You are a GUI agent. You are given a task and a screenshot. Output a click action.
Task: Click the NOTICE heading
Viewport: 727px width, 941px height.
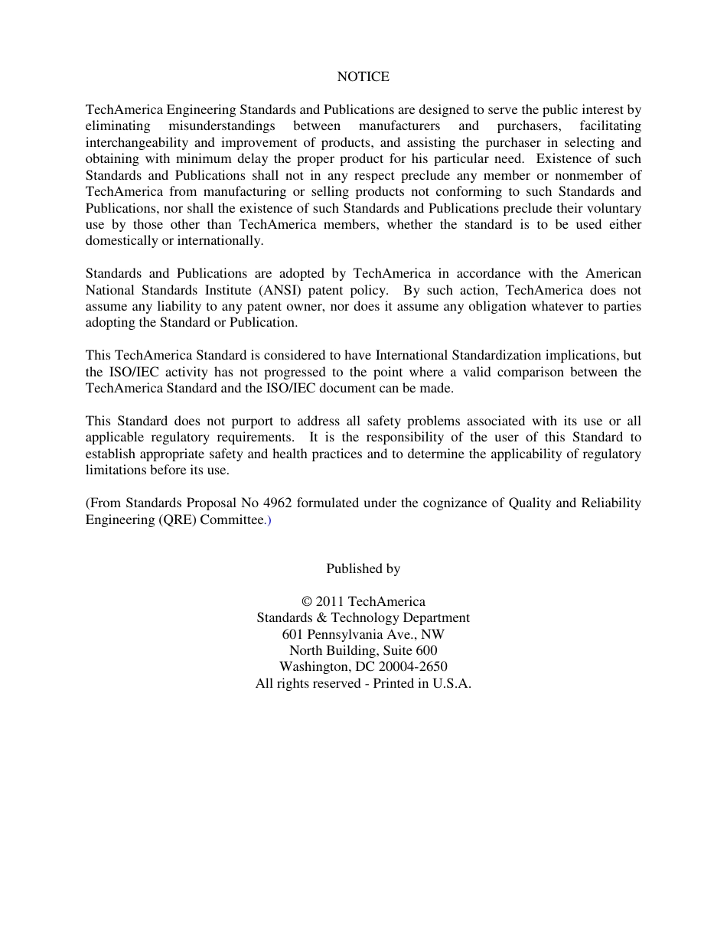pyautogui.click(x=363, y=77)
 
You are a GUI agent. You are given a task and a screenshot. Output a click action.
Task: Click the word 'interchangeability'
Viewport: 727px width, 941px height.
pyautogui.click(x=134, y=142)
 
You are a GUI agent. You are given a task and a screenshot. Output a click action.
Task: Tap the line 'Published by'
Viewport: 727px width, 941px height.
pyautogui.click(x=363, y=568)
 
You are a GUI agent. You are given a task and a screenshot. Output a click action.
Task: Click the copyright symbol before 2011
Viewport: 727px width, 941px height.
pyautogui.click(x=307, y=601)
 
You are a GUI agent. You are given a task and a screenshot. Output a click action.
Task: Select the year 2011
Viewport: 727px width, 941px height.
pyautogui.click(x=330, y=601)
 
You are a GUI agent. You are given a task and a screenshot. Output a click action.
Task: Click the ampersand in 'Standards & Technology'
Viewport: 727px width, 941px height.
pyautogui.click(x=322, y=617)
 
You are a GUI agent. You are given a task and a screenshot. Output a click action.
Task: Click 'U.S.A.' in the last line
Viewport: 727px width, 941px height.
pyautogui.click(x=452, y=684)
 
